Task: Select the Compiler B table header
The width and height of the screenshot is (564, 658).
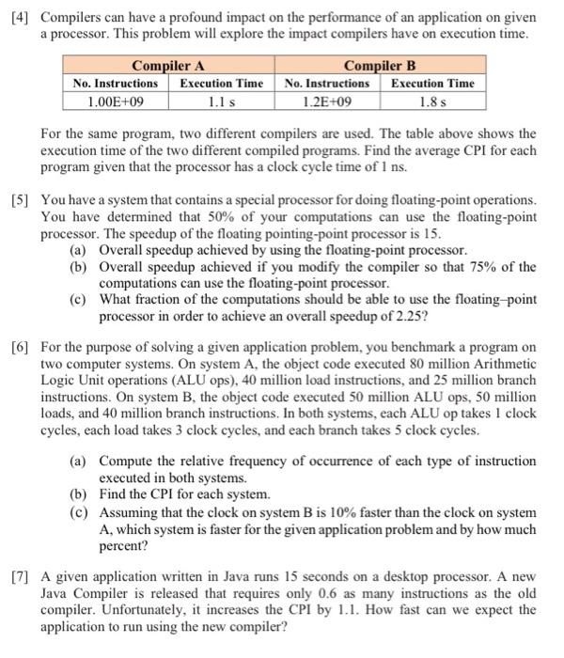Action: pos(381,66)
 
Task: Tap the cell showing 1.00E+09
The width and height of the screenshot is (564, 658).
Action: pos(116,101)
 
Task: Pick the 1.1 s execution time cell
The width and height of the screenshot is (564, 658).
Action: pos(221,101)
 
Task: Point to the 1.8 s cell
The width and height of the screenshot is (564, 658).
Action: pos(432,101)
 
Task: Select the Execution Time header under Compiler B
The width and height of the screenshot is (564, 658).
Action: pos(432,83)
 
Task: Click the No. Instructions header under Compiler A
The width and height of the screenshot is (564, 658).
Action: pos(116,83)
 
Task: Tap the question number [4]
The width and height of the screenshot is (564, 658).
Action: pos(19,18)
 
